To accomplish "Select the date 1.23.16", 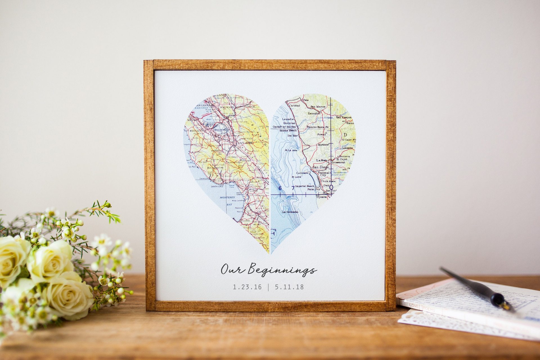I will click(247, 287).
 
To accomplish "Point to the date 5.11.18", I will click(290, 287).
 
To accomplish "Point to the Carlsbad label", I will click(294, 105).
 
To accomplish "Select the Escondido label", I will click(314, 114).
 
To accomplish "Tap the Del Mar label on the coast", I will click(292, 136).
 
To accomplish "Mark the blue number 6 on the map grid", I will click(280, 188).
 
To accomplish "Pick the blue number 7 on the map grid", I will click(293, 188).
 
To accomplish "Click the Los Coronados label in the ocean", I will click(290, 212).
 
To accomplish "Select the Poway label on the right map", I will click(321, 134).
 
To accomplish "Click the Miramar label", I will click(323, 145).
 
